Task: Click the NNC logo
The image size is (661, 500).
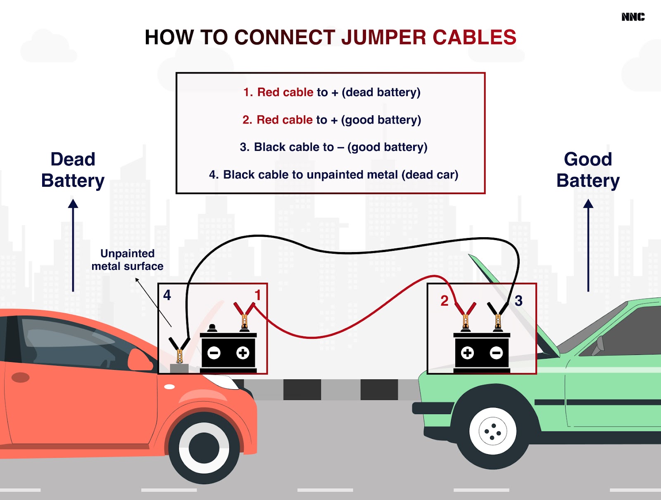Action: coord(632,17)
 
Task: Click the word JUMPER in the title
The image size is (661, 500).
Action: coord(384,38)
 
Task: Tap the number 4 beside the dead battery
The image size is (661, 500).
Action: coord(167,295)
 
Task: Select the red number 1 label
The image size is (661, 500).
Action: coord(258,295)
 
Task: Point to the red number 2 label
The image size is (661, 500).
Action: coord(444,301)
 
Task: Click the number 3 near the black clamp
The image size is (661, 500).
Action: coord(518,301)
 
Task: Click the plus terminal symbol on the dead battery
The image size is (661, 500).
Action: coord(243,353)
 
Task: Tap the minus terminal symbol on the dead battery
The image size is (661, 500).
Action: coord(214,353)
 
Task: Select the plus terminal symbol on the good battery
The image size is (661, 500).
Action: coord(467,353)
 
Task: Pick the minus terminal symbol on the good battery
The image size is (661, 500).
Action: coord(496,353)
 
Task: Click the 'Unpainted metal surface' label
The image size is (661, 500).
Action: coord(127,260)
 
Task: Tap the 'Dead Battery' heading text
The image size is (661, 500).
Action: coord(73,170)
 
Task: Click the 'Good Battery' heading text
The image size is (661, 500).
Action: coord(588,170)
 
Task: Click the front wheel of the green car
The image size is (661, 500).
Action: coord(492,431)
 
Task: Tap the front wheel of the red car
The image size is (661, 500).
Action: coord(204,448)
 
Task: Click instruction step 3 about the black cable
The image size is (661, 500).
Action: coord(333,147)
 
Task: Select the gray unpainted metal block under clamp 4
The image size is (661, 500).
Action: coord(179,369)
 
